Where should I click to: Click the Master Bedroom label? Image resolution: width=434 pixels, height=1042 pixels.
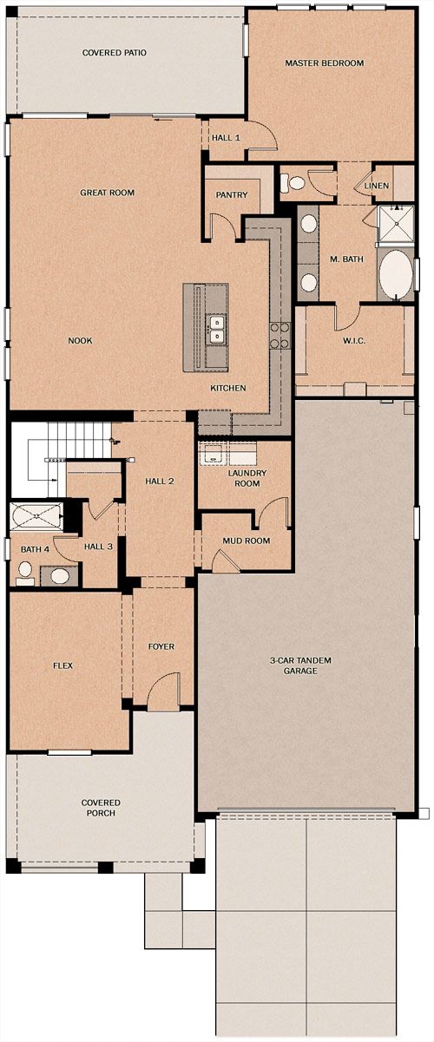(x=325, y=62)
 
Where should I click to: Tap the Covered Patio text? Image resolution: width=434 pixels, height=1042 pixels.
(x=115, y=53)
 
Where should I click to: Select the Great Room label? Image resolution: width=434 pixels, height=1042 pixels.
(x=108, y=192)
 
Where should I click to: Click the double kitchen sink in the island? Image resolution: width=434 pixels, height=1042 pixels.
(x=216, y=329)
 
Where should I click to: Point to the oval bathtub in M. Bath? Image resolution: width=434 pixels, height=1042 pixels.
(x=396, y=275)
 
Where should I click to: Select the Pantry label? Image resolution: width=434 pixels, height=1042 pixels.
(x=232, y=195)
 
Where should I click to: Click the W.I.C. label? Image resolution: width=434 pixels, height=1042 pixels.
(x=354, y=340)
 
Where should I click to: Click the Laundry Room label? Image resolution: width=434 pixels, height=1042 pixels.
(x=247, y=478)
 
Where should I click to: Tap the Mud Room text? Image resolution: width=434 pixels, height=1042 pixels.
(x=246, y=541)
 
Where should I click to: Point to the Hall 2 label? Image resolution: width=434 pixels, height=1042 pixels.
(x=160, y=481)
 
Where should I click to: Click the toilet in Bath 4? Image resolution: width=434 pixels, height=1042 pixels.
(x=25, y=573)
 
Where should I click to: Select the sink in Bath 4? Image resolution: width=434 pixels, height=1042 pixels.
(x=60, y=576)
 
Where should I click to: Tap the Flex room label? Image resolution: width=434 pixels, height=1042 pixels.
(x=62, y=665)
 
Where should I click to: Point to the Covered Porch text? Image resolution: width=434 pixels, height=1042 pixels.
(x=101, y=808)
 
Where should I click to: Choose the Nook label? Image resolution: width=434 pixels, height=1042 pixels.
(x=80, y=340)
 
